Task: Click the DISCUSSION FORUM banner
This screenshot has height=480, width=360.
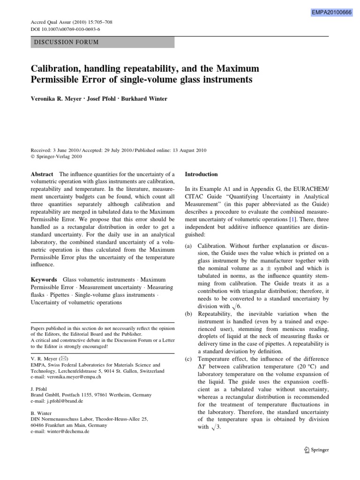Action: [103, 42]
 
